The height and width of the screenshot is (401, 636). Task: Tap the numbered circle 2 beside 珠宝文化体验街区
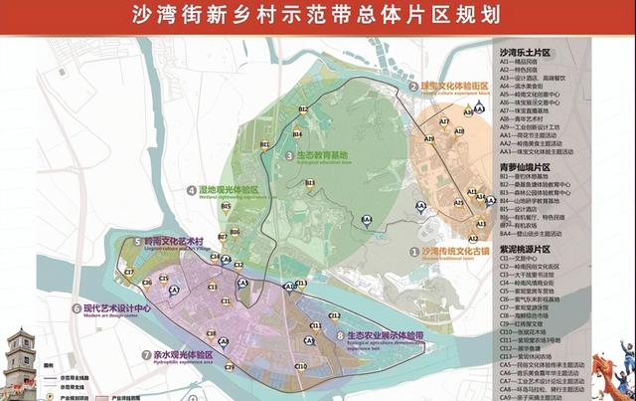(411, 88)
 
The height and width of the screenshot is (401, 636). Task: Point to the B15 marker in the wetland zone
(227, 208)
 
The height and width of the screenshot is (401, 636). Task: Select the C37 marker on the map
(128, 272)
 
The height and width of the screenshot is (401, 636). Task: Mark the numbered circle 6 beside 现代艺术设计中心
(77, 308)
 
